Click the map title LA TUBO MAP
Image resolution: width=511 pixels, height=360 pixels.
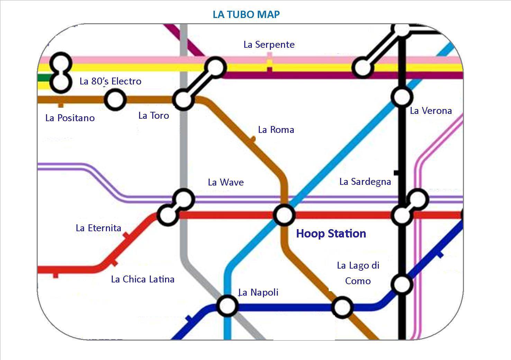[246, 15]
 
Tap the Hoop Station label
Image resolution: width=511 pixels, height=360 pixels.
[331, 234]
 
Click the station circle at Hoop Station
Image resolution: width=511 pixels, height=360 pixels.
[284, 215]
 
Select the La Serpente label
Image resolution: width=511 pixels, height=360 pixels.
[269, 45]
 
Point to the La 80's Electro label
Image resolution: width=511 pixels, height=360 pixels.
[110, 81]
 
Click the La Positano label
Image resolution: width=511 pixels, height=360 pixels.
[70, 118]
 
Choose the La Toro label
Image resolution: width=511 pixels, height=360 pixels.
[154, 116]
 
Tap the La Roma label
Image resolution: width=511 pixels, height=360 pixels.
[276, 130]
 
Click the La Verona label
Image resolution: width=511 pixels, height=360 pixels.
[431, 111]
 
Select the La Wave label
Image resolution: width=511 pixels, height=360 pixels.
[226, 182]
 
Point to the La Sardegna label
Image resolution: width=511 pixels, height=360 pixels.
[365, 182]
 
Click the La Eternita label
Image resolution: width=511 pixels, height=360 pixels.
[98, 228]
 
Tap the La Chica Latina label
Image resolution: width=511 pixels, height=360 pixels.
[143, 279]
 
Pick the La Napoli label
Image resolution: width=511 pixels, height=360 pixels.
[258, 292]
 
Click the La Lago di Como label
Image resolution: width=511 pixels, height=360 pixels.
[358, 273]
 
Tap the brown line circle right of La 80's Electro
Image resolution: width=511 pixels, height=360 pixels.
[115, 100]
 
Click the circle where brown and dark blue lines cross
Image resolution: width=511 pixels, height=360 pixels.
[342, 307]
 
